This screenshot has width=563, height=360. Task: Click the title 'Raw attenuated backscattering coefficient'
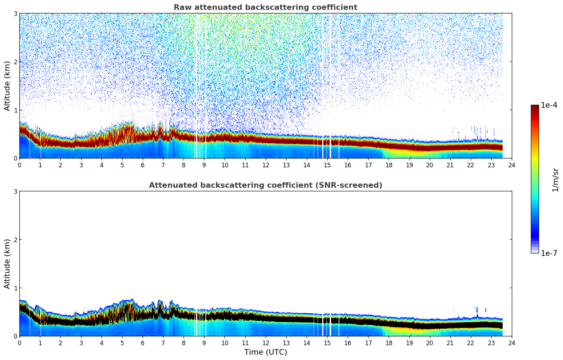265,7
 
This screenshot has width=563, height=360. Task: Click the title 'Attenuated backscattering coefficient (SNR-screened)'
265,185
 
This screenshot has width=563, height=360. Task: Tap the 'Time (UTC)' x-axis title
265,352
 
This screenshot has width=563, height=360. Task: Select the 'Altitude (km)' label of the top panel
7,86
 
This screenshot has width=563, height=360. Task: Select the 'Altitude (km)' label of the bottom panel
7,264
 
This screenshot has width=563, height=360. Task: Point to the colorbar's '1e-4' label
549,105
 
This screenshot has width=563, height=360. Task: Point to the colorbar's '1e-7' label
549,253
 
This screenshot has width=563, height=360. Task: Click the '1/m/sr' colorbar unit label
555,180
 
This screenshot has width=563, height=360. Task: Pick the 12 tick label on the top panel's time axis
265,165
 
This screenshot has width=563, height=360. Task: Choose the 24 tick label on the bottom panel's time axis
511,343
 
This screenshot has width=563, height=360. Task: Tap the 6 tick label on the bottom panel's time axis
143,343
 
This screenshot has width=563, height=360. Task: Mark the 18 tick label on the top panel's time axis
389,165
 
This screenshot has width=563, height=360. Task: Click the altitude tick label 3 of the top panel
16,13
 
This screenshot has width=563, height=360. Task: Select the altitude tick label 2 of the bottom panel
16,240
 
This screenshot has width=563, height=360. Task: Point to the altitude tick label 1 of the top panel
16,110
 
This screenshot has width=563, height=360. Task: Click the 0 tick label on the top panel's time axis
19,165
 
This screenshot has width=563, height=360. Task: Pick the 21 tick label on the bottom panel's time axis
450,343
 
